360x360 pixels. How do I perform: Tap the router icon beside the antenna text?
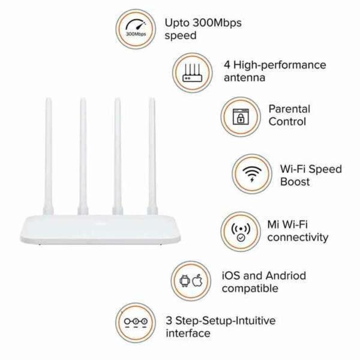point(193,71)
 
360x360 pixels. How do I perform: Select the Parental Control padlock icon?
point(241,116)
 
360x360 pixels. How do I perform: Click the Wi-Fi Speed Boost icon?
point(251,174)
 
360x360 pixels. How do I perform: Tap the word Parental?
point(289,109)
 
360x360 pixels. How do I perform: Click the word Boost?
point(295,181)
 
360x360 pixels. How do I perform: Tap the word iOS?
point(232,276)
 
